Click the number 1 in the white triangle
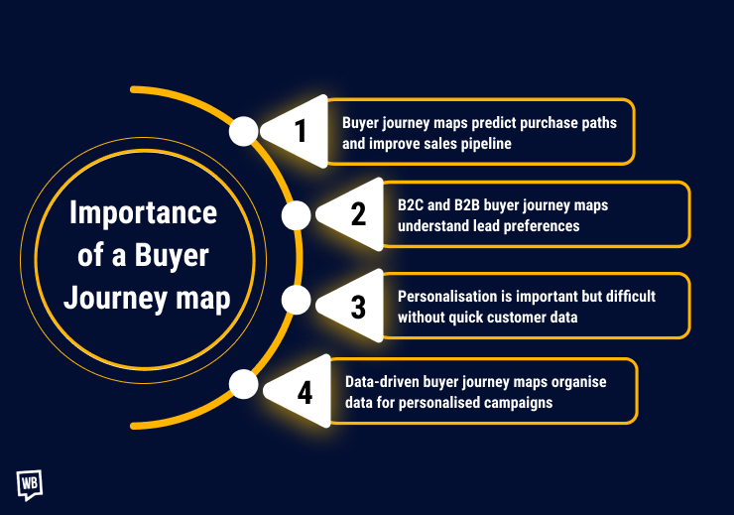coord(302,131)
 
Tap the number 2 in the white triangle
coord(358,214)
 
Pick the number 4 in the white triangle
coord(305,392)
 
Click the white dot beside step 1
coord(243,131)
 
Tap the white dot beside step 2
coord(297,215)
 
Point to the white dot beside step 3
coord(297,301)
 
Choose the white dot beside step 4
coord(243,383)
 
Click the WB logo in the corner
coord(30,483)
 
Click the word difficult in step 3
coord(630,297)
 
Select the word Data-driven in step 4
coord(382,382)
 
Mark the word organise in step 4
coord(577,382)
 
